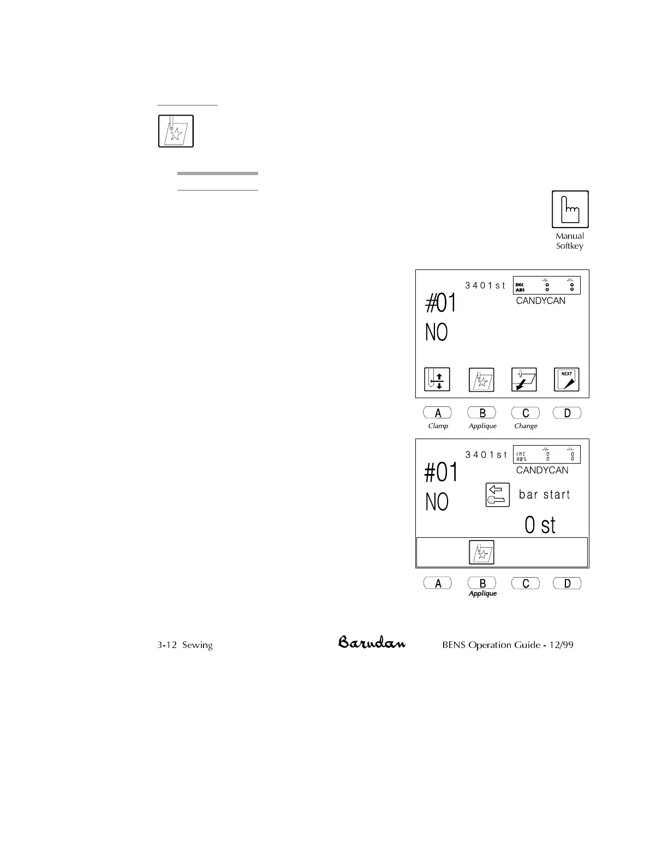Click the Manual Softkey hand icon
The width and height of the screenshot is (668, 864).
tap(570, 209)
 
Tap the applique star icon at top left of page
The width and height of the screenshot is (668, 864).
tap(176, 131)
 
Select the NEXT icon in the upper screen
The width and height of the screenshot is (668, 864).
tap(566, 380)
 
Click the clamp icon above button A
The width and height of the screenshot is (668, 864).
tap(437, 380)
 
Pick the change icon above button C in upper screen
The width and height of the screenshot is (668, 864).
tap(524, 380)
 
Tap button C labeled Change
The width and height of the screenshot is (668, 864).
tap(525, 413)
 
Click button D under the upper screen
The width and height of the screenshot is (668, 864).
tap(567, 413)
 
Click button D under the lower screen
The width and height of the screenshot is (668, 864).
tap(567, 583)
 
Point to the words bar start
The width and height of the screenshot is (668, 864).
tap(544, 495)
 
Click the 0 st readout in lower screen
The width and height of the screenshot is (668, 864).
tap(540, 525)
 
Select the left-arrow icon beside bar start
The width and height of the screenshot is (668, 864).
tap(497, 495)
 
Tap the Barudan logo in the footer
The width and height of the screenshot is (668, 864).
tap(372, 642)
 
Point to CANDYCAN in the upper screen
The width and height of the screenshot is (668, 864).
tap(540, 301)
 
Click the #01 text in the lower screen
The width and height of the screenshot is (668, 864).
tap(441, 472)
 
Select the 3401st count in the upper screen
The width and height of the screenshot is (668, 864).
tap(485, 285)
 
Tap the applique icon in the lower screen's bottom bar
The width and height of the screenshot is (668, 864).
tap(481, 552)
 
